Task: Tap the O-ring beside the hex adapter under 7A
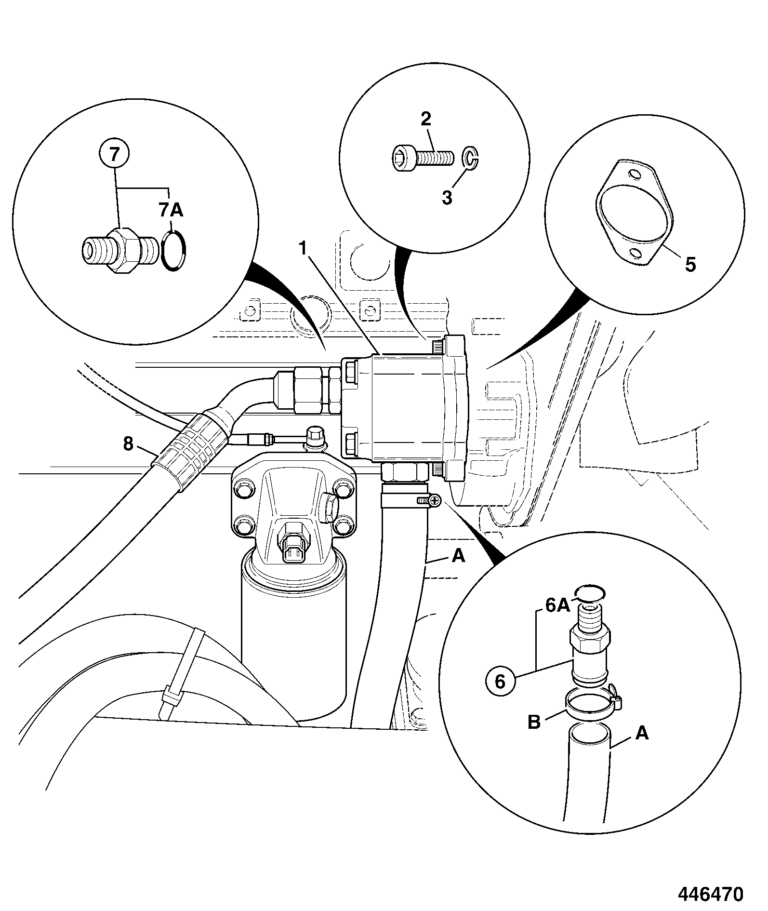(x=173, y=251)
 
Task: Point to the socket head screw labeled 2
(x=421, y=157)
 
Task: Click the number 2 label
(x=426, y=119)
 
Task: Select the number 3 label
(x=447, y=197)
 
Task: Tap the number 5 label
(x=690, y=264)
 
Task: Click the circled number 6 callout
(x=500, y=682)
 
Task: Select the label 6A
(x=557, y=606)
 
